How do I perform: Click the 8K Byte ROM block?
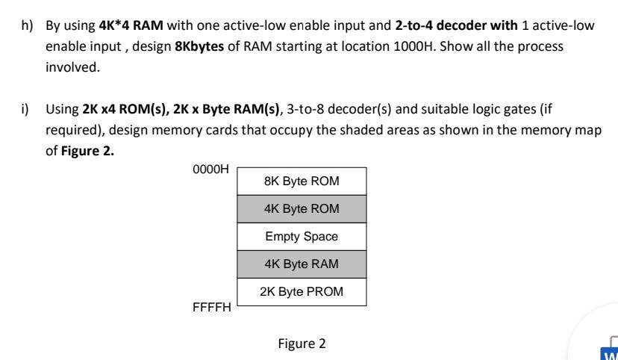[x=302, y=181]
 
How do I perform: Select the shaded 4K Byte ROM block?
[x=302, y=208]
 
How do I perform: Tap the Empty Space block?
[x=302, y=237]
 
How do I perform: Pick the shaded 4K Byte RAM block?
[x=302, y=264]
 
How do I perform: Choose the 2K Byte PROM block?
[x=302, y=292]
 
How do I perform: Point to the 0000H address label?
[x=211, y=170]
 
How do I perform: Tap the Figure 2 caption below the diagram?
[x=302, y=344]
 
